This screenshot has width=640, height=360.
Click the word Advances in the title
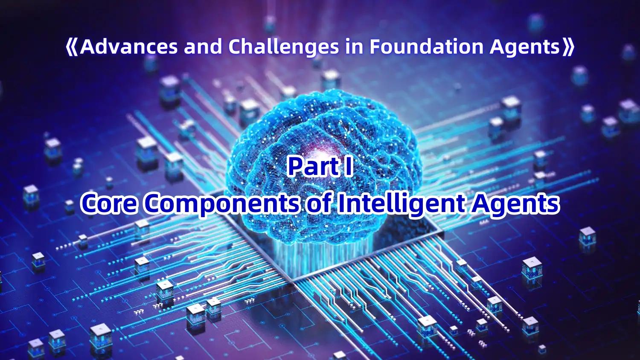click(128, 46)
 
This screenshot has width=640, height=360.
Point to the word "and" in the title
click(203, 46)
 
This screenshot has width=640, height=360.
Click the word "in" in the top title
click(355, 46)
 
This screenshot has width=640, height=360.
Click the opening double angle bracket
click(72, 47)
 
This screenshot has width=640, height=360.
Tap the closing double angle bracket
click(568, 47)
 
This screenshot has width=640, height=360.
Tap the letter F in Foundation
click(375, 46)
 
